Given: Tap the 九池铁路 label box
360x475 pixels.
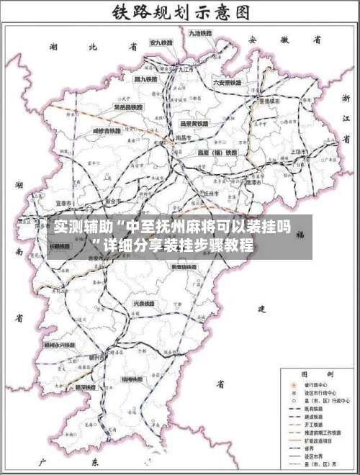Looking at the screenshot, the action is click(200, 33).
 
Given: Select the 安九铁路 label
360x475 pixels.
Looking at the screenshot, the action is click(161, 44).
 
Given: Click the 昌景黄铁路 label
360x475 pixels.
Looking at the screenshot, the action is click(194, 124).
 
